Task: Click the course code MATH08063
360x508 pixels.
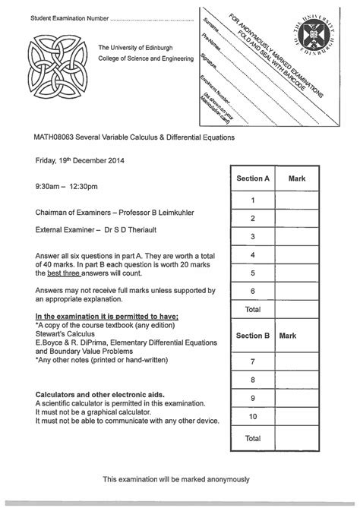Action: pos(55,137)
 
